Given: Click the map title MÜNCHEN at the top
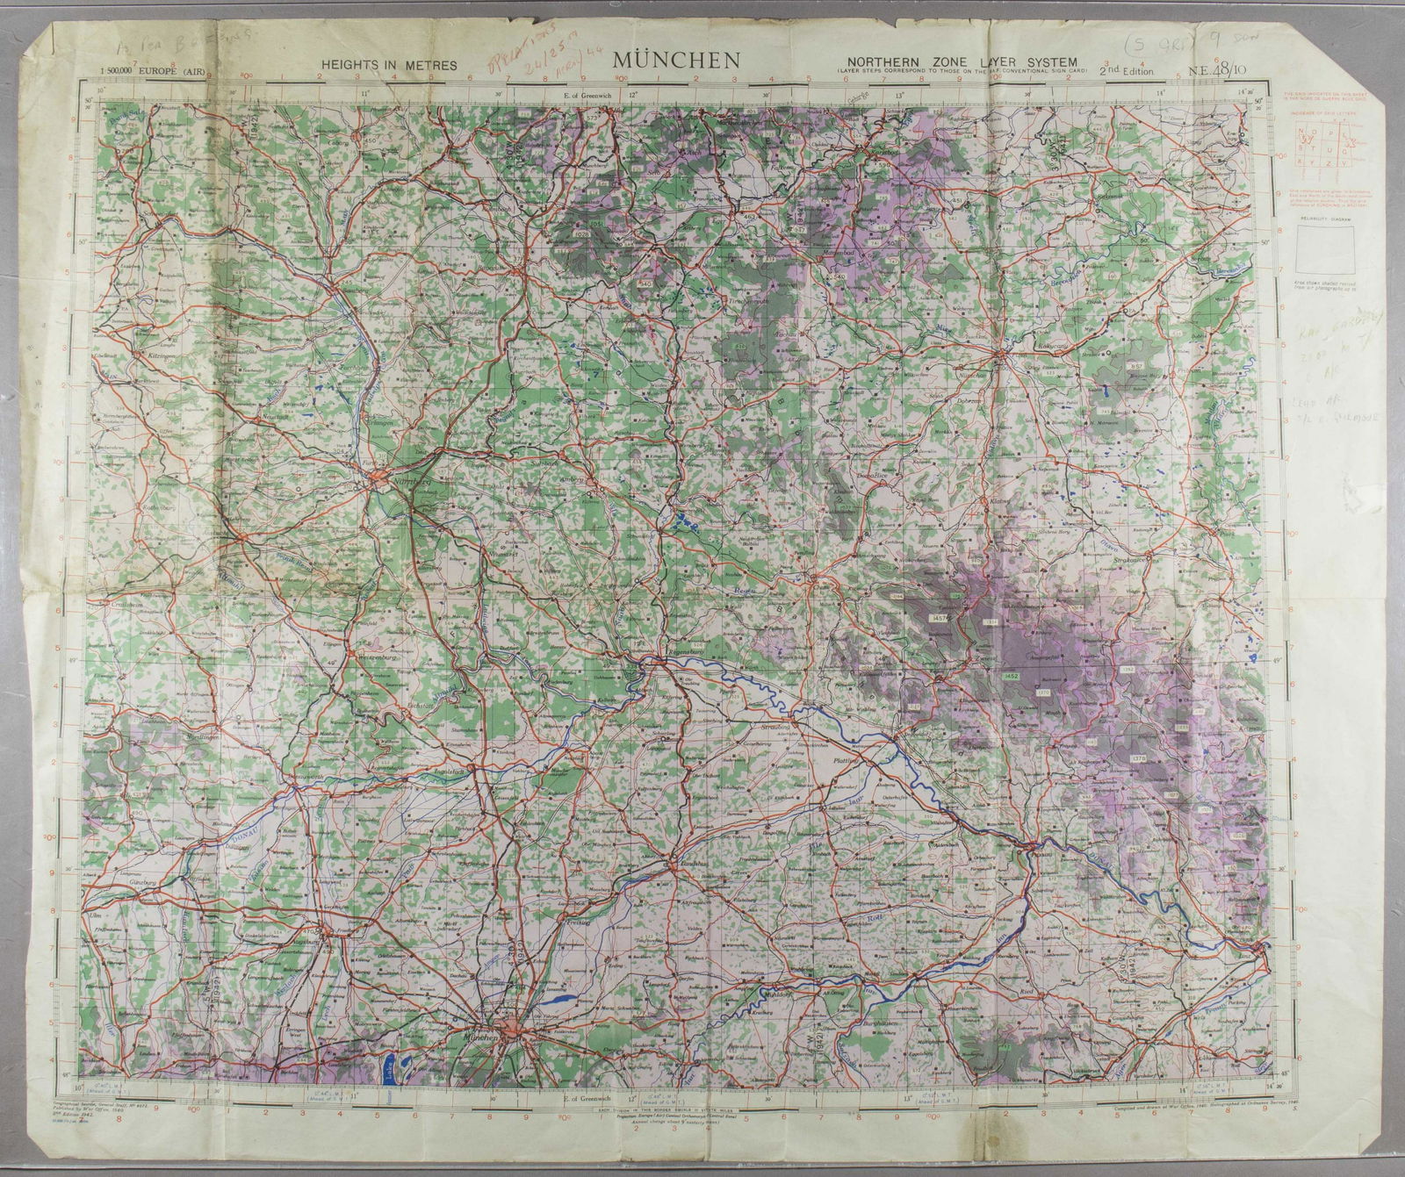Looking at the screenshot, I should [x=676, y=60].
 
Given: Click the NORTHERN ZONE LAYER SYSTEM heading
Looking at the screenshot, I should [x=962, y=61].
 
